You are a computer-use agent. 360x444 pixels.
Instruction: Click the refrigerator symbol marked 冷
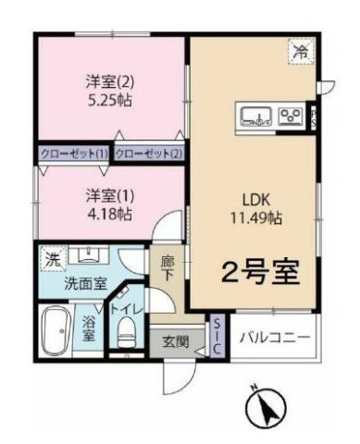[x=302, y=51]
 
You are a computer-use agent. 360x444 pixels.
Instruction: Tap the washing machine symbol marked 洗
[x=52, y=258]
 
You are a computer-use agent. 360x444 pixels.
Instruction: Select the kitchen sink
[x=256, y=116]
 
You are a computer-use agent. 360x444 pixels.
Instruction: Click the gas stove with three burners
[x=291, y=116]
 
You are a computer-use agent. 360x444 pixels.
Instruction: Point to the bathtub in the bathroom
[x=56, y=330]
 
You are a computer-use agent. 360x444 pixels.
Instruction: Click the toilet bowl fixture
[x=127, y=333]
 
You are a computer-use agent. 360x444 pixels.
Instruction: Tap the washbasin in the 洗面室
[x=89, y=254]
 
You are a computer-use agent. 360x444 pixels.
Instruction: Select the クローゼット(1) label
[x=74, y=154]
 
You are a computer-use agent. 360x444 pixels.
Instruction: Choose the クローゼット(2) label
[x=149, y=154]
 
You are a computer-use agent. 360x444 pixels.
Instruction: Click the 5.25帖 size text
[x=110, y=100]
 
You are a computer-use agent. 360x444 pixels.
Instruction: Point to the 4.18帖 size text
[x=109, y=214]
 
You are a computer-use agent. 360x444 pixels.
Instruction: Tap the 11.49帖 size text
[x=256, y=218]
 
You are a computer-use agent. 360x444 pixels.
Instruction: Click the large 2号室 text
[x=261, y=273]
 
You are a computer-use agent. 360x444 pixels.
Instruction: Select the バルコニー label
[x=275, y=337]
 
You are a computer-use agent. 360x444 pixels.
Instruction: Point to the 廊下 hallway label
[x=168, y=269]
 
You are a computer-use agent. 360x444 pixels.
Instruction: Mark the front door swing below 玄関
[x=180, y=376]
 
